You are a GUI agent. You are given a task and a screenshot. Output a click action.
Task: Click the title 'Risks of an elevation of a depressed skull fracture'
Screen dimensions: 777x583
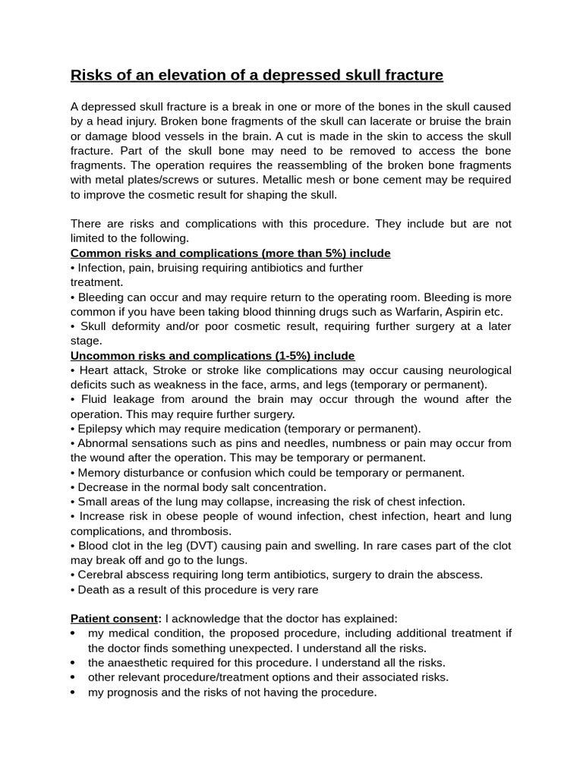click(257, 75)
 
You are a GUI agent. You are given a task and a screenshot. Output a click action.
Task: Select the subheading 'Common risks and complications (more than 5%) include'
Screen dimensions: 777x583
click(231, 253)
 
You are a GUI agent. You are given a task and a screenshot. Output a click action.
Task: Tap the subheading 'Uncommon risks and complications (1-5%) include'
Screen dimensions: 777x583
click(213, 356)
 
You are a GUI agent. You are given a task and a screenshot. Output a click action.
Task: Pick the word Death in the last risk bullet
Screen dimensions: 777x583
click(93, 590)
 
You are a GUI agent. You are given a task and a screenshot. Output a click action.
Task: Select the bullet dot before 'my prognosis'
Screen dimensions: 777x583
click(72, 692)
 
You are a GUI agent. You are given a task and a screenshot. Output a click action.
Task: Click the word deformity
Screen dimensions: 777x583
click(136, 326)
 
